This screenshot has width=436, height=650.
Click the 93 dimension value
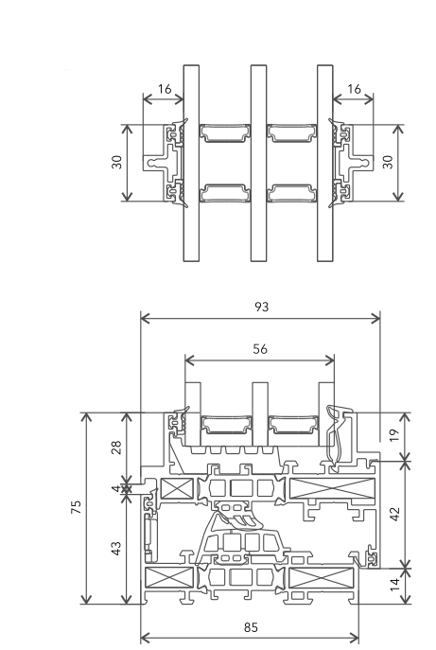click(x=262, y=307)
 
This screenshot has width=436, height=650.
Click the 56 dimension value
click(x=260, y=349)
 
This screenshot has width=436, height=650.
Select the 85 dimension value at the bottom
click(x=251, y=627)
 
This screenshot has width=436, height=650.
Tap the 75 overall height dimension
click(x=76, y=507)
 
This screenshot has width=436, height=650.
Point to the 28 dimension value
click(x=117, y=448)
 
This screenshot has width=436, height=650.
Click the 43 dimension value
click(x=117, y=548)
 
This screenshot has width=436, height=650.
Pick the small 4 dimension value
click(x=116, y=488)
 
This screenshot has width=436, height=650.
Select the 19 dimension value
click(x=394, y=435)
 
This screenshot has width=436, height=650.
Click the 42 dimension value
click(x=394, y=514)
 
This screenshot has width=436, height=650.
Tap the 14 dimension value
click(x=394, y=584)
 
